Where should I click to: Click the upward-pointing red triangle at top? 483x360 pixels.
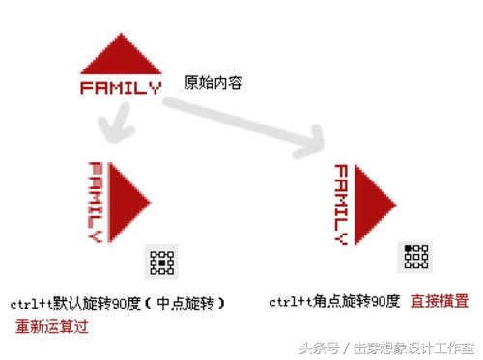[x=120, y=57]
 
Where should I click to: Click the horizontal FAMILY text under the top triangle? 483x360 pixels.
[x=120, y=88]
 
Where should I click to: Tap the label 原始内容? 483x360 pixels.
[x=213, y=83]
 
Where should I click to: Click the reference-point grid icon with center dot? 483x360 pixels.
[x=162, y=262]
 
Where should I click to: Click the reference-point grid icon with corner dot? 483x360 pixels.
[x=415, y=256]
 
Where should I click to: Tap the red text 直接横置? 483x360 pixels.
[x=440, y=301]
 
